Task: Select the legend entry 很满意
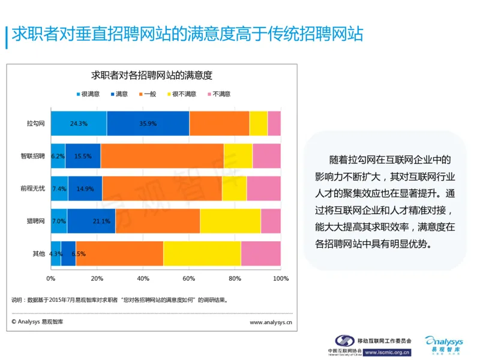(x=87, y=94)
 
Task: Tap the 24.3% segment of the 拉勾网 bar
(x=79, y=124)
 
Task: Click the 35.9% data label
(x=148, y=124)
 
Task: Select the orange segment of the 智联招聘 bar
(x=162, y=155)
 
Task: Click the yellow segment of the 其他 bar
(x=202, y=253)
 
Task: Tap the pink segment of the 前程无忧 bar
(x=263, y=188)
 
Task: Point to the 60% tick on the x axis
(x=188, y=279)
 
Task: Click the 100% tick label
(x=280, y=279)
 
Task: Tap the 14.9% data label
(x=85, y=188)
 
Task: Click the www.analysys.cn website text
(x=271, y=322)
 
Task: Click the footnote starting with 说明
(x=120, y=299)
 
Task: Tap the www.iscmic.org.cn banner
(x=388, y=353)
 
